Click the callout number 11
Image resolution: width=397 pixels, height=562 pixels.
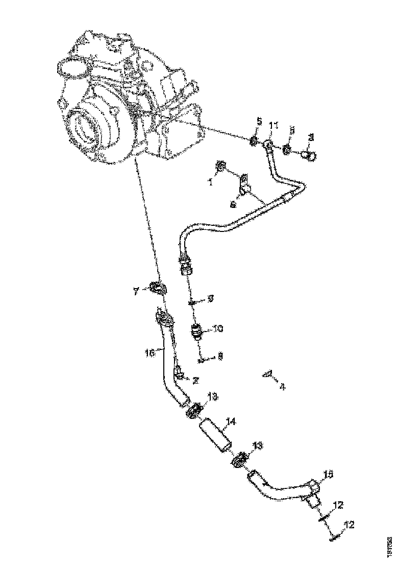point(274,126)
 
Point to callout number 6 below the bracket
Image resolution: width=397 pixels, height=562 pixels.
point(233,204)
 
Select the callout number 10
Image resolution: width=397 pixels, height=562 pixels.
point(218,330)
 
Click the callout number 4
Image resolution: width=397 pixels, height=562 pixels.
point(282,386)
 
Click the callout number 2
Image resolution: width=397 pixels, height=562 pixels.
point(194,380)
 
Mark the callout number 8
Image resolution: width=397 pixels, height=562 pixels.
point(220,358)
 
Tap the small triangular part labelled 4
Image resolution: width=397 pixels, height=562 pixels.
point(266,374)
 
